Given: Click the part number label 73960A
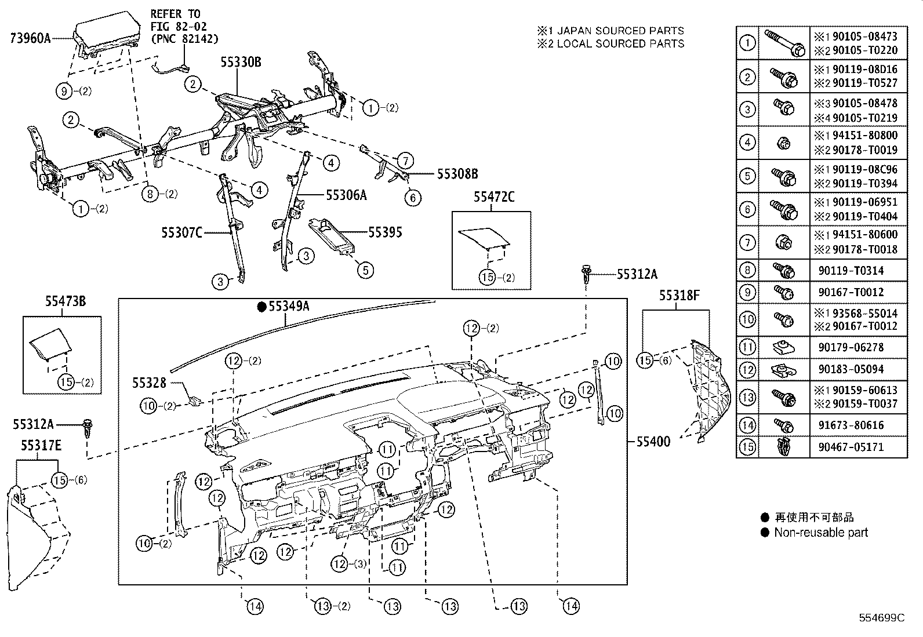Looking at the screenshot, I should point(30,39).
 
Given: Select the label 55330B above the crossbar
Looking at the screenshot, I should point(240,63).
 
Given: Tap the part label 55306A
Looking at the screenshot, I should point(346,195).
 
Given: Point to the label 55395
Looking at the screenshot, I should point(385,232).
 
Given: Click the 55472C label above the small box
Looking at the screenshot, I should point(493,197).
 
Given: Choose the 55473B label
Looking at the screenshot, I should point(66,301).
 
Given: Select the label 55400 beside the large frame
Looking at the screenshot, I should point(653,442).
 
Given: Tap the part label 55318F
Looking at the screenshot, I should point(679,296).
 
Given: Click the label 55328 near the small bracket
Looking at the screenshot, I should point(149,383).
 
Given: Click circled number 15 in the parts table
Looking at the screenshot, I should point(748,447).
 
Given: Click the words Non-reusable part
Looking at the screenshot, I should point(821,533).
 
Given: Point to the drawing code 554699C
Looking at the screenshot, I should point(881,617).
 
